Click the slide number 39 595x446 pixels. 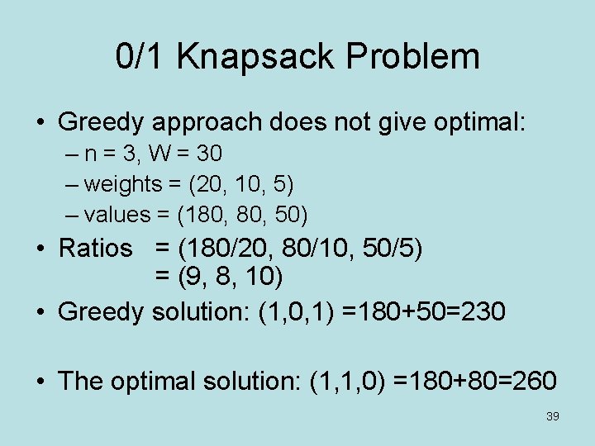coord(553,416)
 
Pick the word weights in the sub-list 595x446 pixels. coord(122,183)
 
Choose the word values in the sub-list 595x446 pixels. coord(118,215)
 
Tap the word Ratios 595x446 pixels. coord(95,248)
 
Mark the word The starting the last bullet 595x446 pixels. coord(80,381)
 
